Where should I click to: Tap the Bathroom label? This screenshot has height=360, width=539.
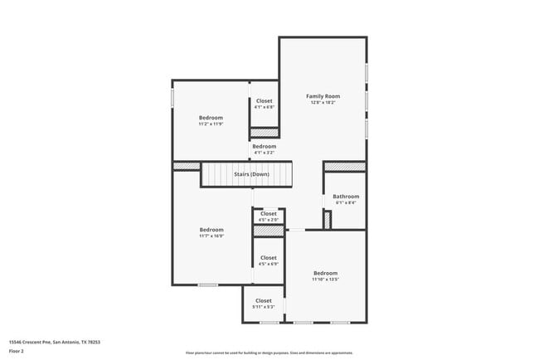tap(346, 197)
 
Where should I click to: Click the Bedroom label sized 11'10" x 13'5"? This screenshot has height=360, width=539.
tap(325, 273)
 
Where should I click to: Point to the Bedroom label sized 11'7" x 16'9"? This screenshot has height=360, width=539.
tap(211, 230)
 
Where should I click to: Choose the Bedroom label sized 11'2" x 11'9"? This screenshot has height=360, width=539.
tap(211, 118)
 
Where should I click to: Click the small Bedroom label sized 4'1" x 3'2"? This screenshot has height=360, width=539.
tap(264, 147)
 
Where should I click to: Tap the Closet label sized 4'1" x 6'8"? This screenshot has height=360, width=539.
tap(264, 101)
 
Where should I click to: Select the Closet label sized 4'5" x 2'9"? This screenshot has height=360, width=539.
tap(269, 214)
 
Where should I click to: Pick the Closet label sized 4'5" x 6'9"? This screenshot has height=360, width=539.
tap(269, 258)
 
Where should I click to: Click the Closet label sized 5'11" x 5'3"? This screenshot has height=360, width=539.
tap(264, 301)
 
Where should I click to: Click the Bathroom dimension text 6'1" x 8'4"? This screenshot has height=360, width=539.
tap(346, 203)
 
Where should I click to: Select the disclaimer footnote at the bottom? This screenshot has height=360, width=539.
tap(269, 353)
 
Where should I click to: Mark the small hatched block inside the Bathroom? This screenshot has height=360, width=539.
tap(328, 220)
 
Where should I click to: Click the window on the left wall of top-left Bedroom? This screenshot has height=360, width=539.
tap(172, 97)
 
